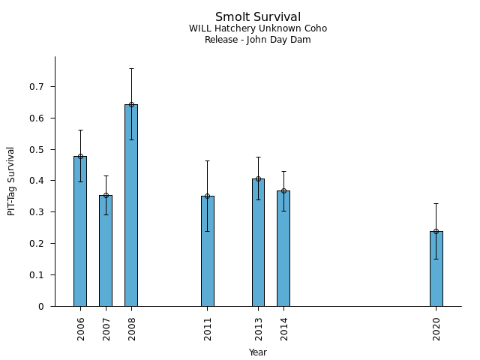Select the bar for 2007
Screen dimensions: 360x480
click(106, 250)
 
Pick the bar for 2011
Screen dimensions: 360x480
click(208, 250)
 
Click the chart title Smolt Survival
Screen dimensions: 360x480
click(258, 17)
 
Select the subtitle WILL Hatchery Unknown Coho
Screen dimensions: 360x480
click(258, 29)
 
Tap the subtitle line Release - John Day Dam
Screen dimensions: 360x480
click(258, 40)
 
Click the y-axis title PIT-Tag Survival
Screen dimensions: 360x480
click(11, 181)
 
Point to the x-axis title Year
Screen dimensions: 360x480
click(258, 352)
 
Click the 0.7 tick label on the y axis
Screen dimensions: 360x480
click(37, 87)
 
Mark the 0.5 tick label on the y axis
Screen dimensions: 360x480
click(37, 150)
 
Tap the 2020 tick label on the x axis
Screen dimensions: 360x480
click(436, 328)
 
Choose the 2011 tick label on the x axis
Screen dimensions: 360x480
click(208, 328)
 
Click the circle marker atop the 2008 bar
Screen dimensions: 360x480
click(131, 104)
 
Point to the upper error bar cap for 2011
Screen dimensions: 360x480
click(208, 160)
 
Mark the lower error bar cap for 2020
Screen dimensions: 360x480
click(436, 259)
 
